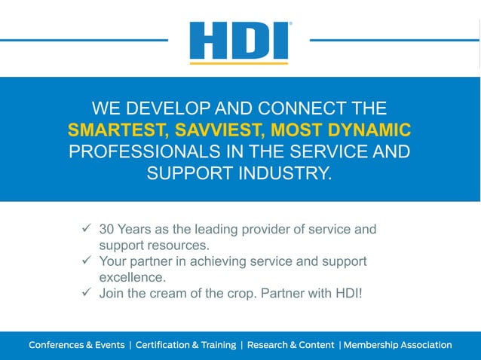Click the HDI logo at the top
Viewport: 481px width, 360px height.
point(239,41)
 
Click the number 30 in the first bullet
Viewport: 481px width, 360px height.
point(107,229)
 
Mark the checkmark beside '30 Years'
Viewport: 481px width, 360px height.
point(86,228)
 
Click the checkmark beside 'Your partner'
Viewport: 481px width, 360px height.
point(86,261)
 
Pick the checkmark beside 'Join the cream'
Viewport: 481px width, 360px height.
point(86,292)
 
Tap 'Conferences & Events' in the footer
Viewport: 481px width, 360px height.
point(76,345)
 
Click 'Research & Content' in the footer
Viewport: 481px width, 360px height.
point(290,345)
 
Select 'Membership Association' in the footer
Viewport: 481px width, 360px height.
point(397,345)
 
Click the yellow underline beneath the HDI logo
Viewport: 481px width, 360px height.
point(239,63)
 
